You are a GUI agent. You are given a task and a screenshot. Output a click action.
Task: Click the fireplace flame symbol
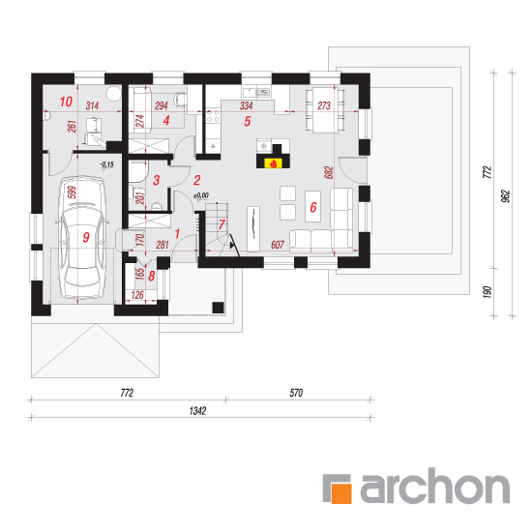point(274,164)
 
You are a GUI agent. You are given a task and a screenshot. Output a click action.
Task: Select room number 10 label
point(66,102)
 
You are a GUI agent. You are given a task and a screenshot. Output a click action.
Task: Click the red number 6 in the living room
point(313,207)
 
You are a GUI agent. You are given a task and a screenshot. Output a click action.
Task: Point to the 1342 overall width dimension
point(197,411)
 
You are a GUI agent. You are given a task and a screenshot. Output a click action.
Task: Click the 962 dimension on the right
point(506,196)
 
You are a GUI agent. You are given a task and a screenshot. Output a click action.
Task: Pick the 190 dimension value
point(487,292)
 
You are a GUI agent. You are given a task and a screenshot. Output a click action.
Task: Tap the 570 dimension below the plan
point(296,393)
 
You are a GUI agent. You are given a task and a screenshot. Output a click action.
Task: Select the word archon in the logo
point(434,486)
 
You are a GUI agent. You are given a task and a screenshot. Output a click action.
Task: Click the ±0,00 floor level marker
point(201,195)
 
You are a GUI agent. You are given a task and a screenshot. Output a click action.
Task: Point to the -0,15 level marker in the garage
point(106,164)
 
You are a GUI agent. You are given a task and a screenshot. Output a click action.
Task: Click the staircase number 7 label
point(222,224)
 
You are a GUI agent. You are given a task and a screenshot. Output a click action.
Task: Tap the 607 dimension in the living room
point(278,245)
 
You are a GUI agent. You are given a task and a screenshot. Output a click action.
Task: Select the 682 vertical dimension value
point(329,172)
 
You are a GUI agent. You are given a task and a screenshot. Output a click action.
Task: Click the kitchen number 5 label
point(248,121)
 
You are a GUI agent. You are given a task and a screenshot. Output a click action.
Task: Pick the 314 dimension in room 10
point(92,105)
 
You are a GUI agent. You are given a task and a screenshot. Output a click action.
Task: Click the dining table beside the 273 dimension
point(325,109)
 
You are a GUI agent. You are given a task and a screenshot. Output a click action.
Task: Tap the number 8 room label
point(151,276)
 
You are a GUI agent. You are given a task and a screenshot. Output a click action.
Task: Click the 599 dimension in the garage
point(72,192)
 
